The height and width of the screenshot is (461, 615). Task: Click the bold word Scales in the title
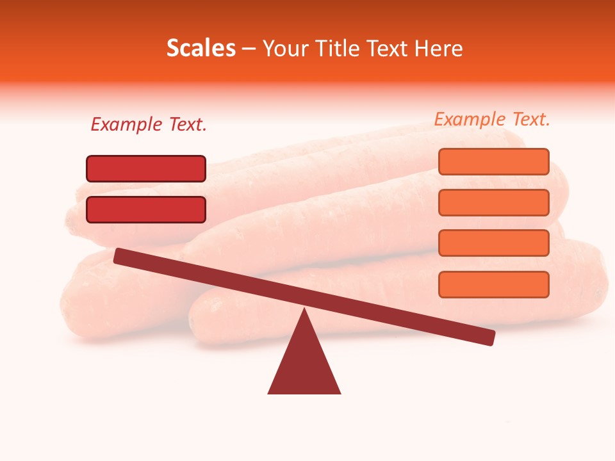pyautogui.click(x=201, y=49)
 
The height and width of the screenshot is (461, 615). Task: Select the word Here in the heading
pyautogui.click(x=438, y=49)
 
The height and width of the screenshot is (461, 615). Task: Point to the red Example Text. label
pyautogui.click(x=149, y=125)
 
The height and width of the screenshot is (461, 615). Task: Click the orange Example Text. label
pyautogui.click(x=492, y=119)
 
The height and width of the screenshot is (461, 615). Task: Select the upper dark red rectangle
pyautogui.click(x=146, y=168)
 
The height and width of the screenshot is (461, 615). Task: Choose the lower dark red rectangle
pyautogui.click(x=146, y=209)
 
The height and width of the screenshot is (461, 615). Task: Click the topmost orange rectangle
pyautogui.click(x=494, y=161)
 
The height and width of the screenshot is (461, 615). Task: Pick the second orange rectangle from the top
pyautogui.click(x=494, y=202)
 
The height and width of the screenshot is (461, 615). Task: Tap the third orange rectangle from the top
pyautogui.click(x=494, y=243)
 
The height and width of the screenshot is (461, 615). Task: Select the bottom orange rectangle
pyautogui.click(x=494, y=284)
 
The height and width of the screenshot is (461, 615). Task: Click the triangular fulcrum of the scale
pyautogui.click(x=304, y=362)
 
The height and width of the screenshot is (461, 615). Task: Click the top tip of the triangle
pyautogui.click(x=304, y=311)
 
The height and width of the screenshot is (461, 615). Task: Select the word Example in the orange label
pyautogui.click(x=469, y=119)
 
